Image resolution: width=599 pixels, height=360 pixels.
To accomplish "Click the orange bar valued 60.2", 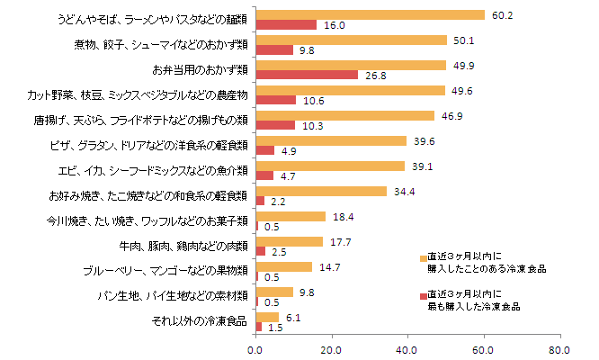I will point(371,15).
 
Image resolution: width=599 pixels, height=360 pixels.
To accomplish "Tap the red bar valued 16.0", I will point(286,24).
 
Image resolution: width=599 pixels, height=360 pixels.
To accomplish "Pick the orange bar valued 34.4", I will point(321,192).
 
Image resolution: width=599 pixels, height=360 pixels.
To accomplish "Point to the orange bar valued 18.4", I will point(291,217).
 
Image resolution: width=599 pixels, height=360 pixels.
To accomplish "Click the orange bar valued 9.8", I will point(274,292).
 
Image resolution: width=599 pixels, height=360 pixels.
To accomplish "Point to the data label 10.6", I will point(313,101).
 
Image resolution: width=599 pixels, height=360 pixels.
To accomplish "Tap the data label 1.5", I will point(274,328).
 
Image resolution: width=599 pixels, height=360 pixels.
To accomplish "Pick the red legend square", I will point(423,296).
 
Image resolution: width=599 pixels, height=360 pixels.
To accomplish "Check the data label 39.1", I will point(420,166).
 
